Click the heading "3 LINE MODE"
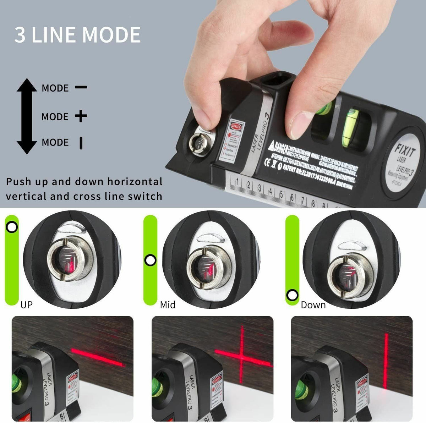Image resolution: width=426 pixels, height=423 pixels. point(77,35)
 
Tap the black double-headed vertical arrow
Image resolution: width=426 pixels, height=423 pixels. point(27,116)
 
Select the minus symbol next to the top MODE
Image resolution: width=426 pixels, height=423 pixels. point(81,87)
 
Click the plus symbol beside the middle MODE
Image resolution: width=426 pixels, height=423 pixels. point(81,116)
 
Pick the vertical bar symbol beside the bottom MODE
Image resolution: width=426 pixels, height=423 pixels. point(81,143)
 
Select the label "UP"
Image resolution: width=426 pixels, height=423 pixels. point(26,304)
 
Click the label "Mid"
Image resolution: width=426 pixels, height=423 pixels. point(168,304)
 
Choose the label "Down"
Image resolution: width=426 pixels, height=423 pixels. point(313,304)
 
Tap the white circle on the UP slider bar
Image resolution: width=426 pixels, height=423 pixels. point(12,227)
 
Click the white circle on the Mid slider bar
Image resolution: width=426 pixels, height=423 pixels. point(150,260)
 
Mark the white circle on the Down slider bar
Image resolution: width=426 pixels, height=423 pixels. point(293,295)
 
